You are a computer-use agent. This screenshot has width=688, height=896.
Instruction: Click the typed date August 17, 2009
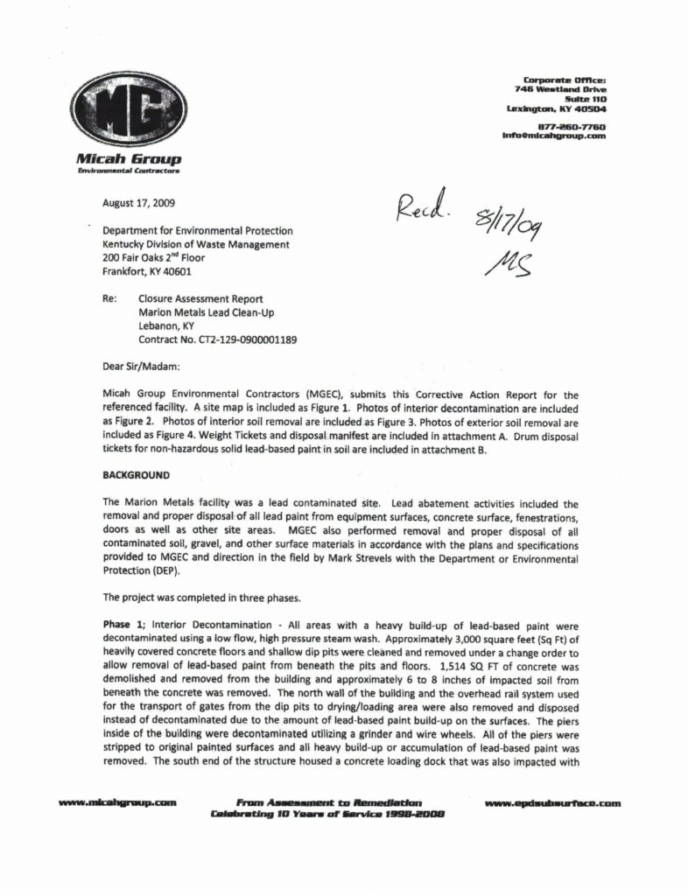pyautogui.click(x=138, y=203)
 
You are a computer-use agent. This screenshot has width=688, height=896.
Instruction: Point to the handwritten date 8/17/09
pyautogui.click(x=509, y=223)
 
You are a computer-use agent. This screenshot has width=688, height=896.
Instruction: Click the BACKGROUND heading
pyautogui.click(x=136, y=475)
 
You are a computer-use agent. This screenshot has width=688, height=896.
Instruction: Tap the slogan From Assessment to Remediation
pyautogui.click(x=329, y=801)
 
